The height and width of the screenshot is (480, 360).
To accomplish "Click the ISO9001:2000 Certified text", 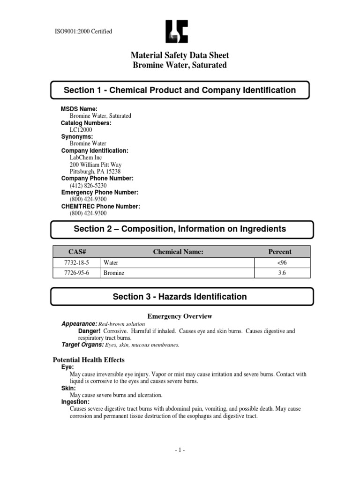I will click(84, 32).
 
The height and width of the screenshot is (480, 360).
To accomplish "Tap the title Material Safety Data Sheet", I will click(180, 56).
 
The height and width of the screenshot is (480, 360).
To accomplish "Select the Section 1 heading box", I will click(180, 90).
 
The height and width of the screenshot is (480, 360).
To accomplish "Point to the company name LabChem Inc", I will click(86, 157).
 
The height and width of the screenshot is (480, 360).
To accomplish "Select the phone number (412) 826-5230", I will click(88, 185).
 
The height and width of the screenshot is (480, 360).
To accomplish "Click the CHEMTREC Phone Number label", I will click(101, 206).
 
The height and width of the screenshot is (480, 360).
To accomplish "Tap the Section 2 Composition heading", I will click(180, 229).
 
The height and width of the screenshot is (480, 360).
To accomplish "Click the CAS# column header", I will click(75, 252).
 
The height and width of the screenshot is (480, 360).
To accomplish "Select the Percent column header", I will click(279, 252).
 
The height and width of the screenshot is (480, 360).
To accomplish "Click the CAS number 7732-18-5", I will click(75, 263).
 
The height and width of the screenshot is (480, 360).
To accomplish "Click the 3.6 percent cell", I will click(279, 272).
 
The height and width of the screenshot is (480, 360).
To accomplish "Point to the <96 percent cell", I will click(279, 263).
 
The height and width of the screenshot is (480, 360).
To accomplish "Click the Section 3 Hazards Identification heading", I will click(180, 297).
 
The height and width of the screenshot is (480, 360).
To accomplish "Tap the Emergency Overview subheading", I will click(180, 316).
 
